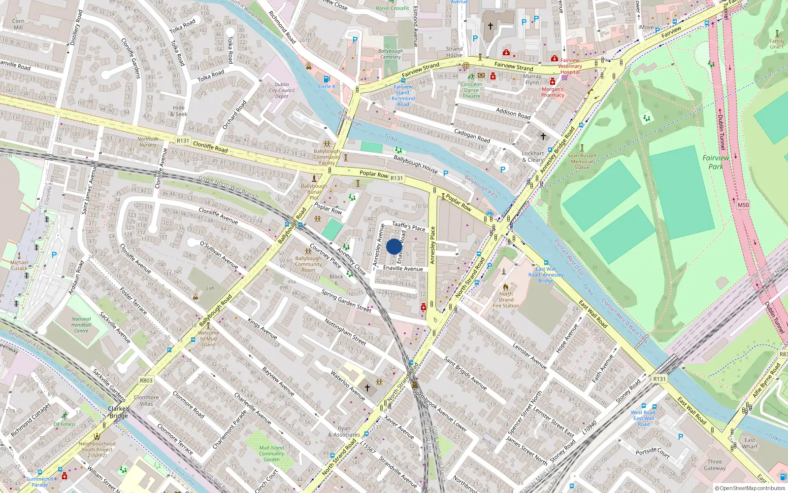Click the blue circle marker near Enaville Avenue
(x=394, y=246)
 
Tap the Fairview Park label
(x=716, y=162)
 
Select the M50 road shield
(x=743, y=205)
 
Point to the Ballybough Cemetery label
(x=391, y=54)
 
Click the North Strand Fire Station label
(x=506, y=300)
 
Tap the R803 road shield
(x=146, y=380)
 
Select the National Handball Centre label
(x=81, y=325)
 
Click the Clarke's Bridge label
(x=119, y=412)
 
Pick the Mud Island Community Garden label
(x=271, y=454)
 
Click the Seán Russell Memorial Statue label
(x=582, y=161)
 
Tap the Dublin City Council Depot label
(x=282, y=90)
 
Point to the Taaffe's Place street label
(x=408, y=226)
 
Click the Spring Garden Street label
(x=346, y=301)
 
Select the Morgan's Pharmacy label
(x=553, y=92)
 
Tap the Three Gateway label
(x=715, y=465)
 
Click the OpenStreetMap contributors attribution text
(x=750, y=488)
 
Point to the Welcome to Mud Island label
(x=208, y=339)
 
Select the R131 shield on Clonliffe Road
(x=183, y=141)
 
